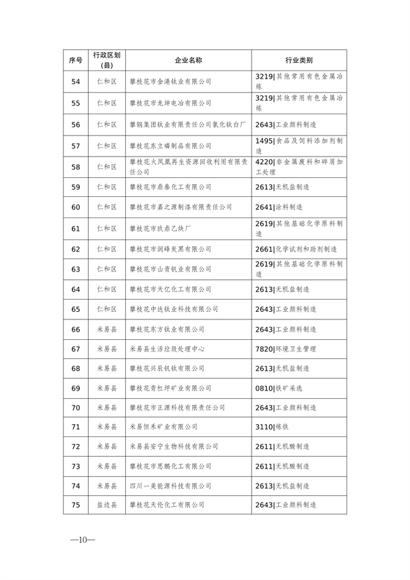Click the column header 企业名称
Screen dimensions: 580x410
(189, 60)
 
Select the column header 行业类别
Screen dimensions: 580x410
(299, 60)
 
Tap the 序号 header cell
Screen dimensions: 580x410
(76, 60)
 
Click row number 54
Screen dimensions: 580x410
(76, 81)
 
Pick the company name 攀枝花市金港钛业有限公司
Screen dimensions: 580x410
(170, 81)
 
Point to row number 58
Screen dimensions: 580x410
(76, 167)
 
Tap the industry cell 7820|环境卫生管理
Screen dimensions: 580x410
(286, 349)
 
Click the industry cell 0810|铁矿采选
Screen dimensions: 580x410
(279, 388)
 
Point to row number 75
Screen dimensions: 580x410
(76, 505)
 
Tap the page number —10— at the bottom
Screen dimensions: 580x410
(82, 540)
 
